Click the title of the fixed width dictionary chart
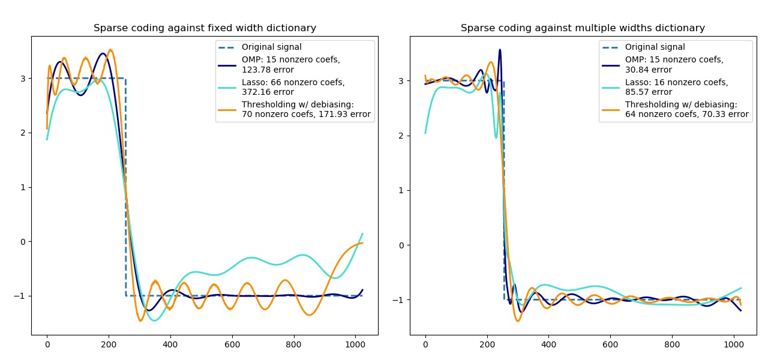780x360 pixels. pos(205,28)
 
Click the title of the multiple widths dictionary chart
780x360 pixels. pos(583,28)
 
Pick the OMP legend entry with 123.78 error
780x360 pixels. pos(290,65)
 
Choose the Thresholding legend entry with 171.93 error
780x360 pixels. pos(306,109)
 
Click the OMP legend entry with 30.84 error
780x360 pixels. pos(674,65)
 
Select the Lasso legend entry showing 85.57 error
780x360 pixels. pos(676,87)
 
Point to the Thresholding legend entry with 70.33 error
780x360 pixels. pos(686,109)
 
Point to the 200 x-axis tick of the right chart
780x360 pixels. pos(487,345)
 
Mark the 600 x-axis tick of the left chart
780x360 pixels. pos(232,345)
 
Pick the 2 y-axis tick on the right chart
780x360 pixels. pos(401,136)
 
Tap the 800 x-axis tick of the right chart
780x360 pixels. pos(672,345)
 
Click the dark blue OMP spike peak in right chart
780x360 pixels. pos(500,50)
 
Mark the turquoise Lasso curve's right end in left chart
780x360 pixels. pos(362,233)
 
